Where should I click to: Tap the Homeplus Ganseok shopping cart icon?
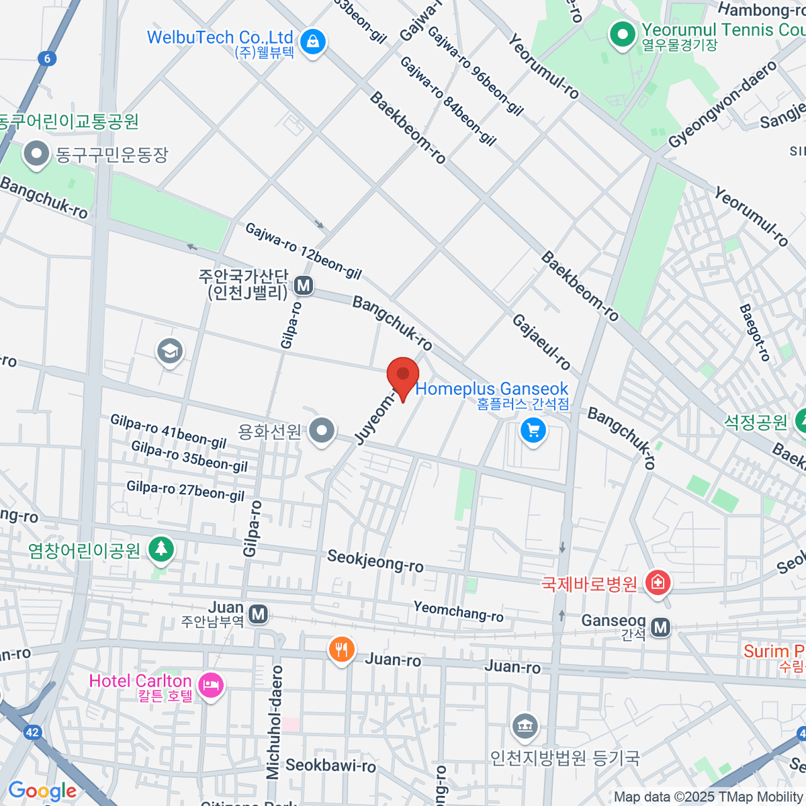[x=533, y=431]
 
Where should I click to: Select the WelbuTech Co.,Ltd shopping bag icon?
[x=312, y=42]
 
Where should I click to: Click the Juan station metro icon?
[x=258, y=614]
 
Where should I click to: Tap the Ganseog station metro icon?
[x=661, y=627]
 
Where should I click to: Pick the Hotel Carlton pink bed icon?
[x=211, y=686]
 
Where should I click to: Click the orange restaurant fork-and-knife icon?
[x=342, y=650]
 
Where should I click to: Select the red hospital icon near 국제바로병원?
[x=657, y=582]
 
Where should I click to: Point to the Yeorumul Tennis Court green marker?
[x=622, y=34]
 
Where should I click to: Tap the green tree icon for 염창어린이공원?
[x=161, y=549]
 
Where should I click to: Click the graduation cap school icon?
[x=169, y=351]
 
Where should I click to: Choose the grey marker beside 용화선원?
[x=322, y=431]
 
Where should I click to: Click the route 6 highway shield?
[x=47, y=58]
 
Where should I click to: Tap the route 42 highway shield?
[x=32, y=732]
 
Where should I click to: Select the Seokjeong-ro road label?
[x=375, y=561]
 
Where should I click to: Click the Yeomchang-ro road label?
[x=458, y=611]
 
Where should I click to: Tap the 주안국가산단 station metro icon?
[x=304, y=285]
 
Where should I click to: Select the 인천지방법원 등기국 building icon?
[x=525, y=725]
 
